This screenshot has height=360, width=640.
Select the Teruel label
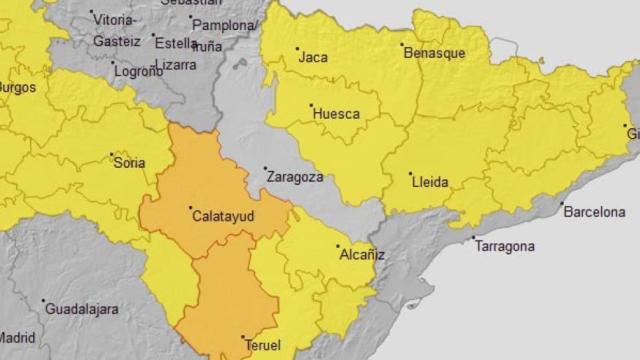pyautogui.click(x=262, y=346)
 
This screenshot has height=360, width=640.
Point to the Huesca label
pyautogui.click(x=337, y=114)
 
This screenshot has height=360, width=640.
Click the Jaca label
pyautogui.click(x=312, y=57)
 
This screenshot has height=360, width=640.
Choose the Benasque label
pyautogui.click(x=434, y=53)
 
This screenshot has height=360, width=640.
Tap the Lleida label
pyautogui.click(x=430, y=183)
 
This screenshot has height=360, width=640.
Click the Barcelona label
pyautogui.click(x=594, y=213)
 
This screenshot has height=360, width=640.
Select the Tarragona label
pyautogui.click(x=505, y=246)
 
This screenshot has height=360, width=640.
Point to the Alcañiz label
pyautogui.click(x=362, y=255)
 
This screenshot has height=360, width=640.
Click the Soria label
pyautogui.click(x=130, y=163)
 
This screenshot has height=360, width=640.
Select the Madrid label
pyautogui.click(x=17, y=338)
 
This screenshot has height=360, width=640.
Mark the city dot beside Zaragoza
pyautogui.click(x=265, y=168)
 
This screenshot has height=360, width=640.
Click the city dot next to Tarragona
pyautogui.click(x=473, y=238)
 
